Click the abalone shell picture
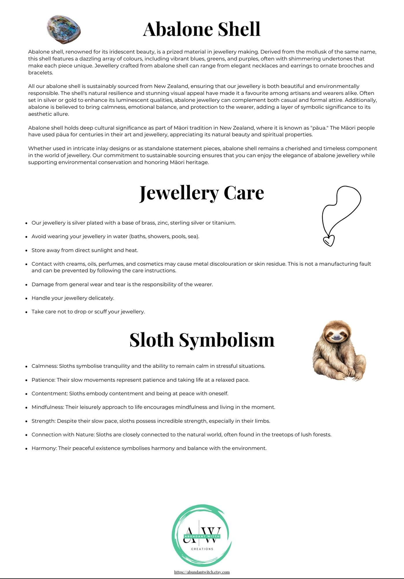tap(64, 29)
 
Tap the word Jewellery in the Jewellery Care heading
tap(179, 193)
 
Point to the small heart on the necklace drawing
tap(329, 240)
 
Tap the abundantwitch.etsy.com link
tap(202, 572)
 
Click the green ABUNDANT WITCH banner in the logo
tap(202, 536)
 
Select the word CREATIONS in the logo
tap(202, 549)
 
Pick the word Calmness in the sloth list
tap(45, 366)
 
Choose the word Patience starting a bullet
tap(43, 380)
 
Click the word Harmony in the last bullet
tap(44, 448)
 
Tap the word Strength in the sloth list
tap(43, 421)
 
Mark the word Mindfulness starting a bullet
tap(47, 407)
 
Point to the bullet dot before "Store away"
tap(26, 251)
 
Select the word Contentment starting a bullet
tap(49, 394)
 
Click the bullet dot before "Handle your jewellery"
tap(26, 298)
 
